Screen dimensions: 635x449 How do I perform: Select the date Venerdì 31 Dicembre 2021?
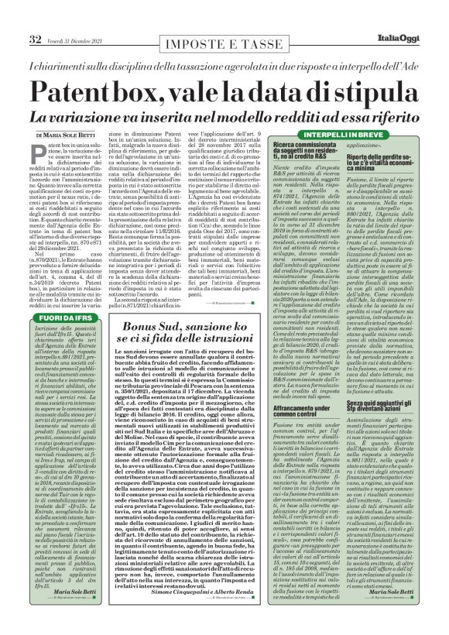[83, 18]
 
